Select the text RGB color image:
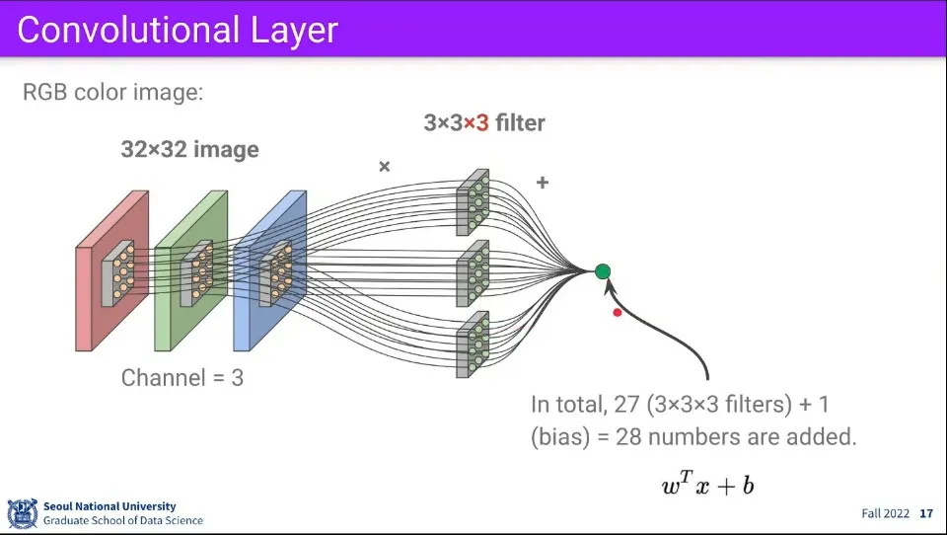click(x=112, y=94)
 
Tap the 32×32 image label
click(x=189, y=150)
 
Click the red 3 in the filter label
click(x=482, y=123)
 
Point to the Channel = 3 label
click(x=182, y=377)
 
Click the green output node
click(x=603, y=271)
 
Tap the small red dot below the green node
click(x=618, y=313)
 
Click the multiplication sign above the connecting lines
click(x=385, y=167)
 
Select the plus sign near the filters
click(x=542, y=183)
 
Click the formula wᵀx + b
click(x=708, y=484)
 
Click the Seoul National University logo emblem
click(x=22, y=513)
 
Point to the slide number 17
click(x=925, y=513)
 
